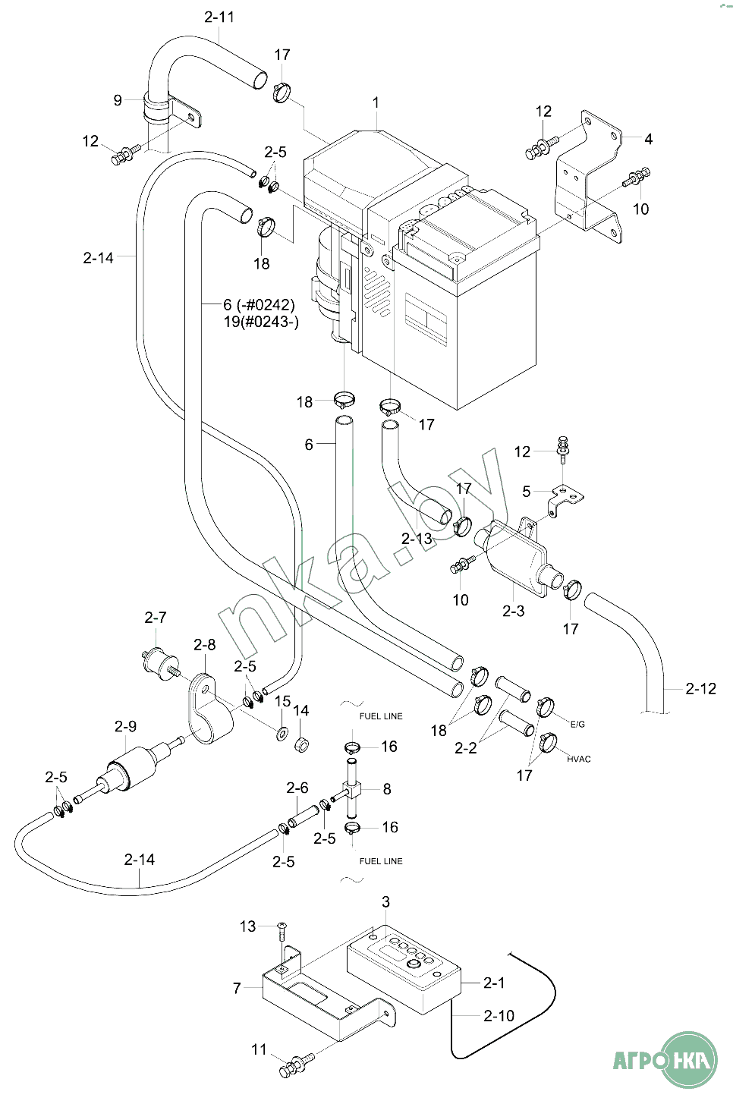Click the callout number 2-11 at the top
point(219,17)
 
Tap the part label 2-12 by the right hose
point(700,688)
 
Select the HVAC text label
point(578,759)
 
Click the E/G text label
point(577,724)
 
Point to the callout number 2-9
point(125,726)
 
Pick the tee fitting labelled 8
point(351,789)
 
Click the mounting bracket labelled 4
point(590,177)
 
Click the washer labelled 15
point(282,734)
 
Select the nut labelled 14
point(301,744)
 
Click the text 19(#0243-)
point(261,322)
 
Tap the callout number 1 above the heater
point(376,103)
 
